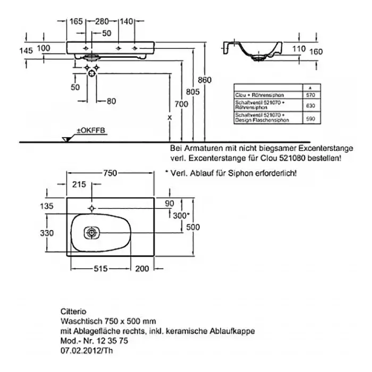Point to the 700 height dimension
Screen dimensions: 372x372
[x=181, y=104]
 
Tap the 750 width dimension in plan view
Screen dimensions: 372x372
[x=109, y=173]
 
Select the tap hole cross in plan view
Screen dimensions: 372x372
[x=93, y=207]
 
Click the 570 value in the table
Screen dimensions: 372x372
[x=310, y=95]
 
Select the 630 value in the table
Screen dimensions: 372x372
[x=310, y=105]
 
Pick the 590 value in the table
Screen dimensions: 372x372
[x=310, y=119]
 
